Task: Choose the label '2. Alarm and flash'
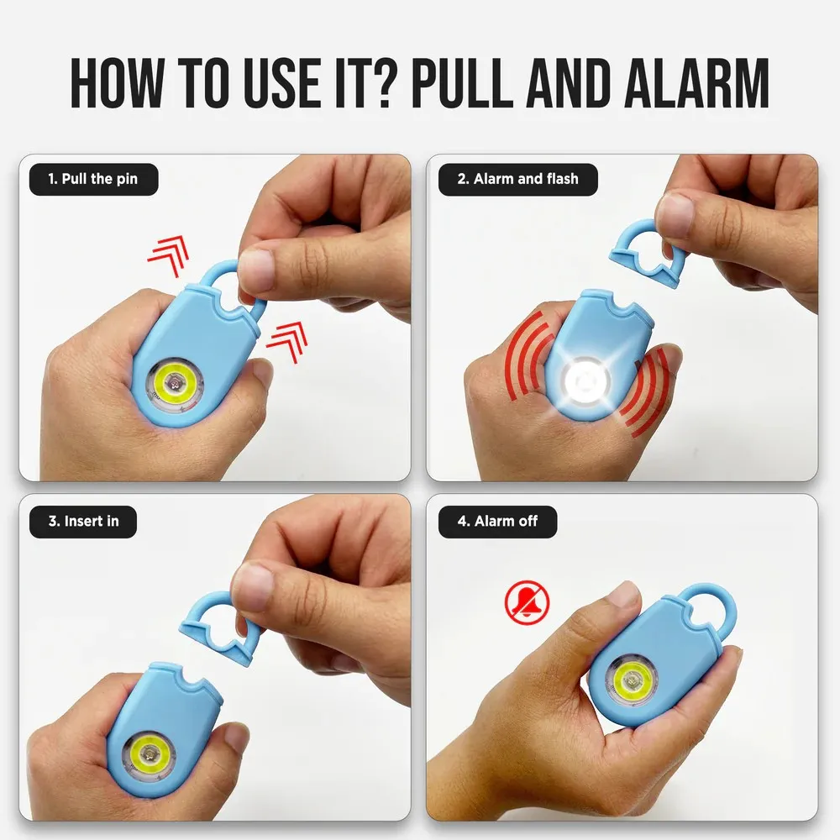click(517, 179)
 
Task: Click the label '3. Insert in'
click(83, 521)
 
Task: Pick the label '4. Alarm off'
click(498, 521)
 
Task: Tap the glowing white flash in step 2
click(586, 381)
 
